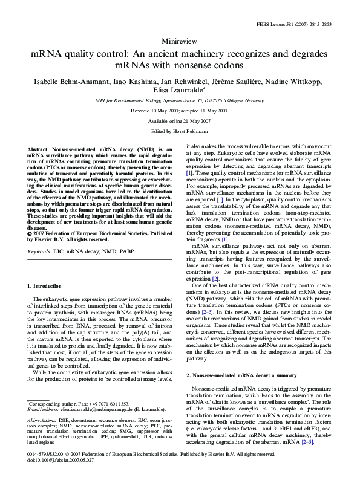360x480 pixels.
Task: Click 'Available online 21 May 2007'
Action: point(180,121)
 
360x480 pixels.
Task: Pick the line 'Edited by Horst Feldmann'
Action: point(180,131)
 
